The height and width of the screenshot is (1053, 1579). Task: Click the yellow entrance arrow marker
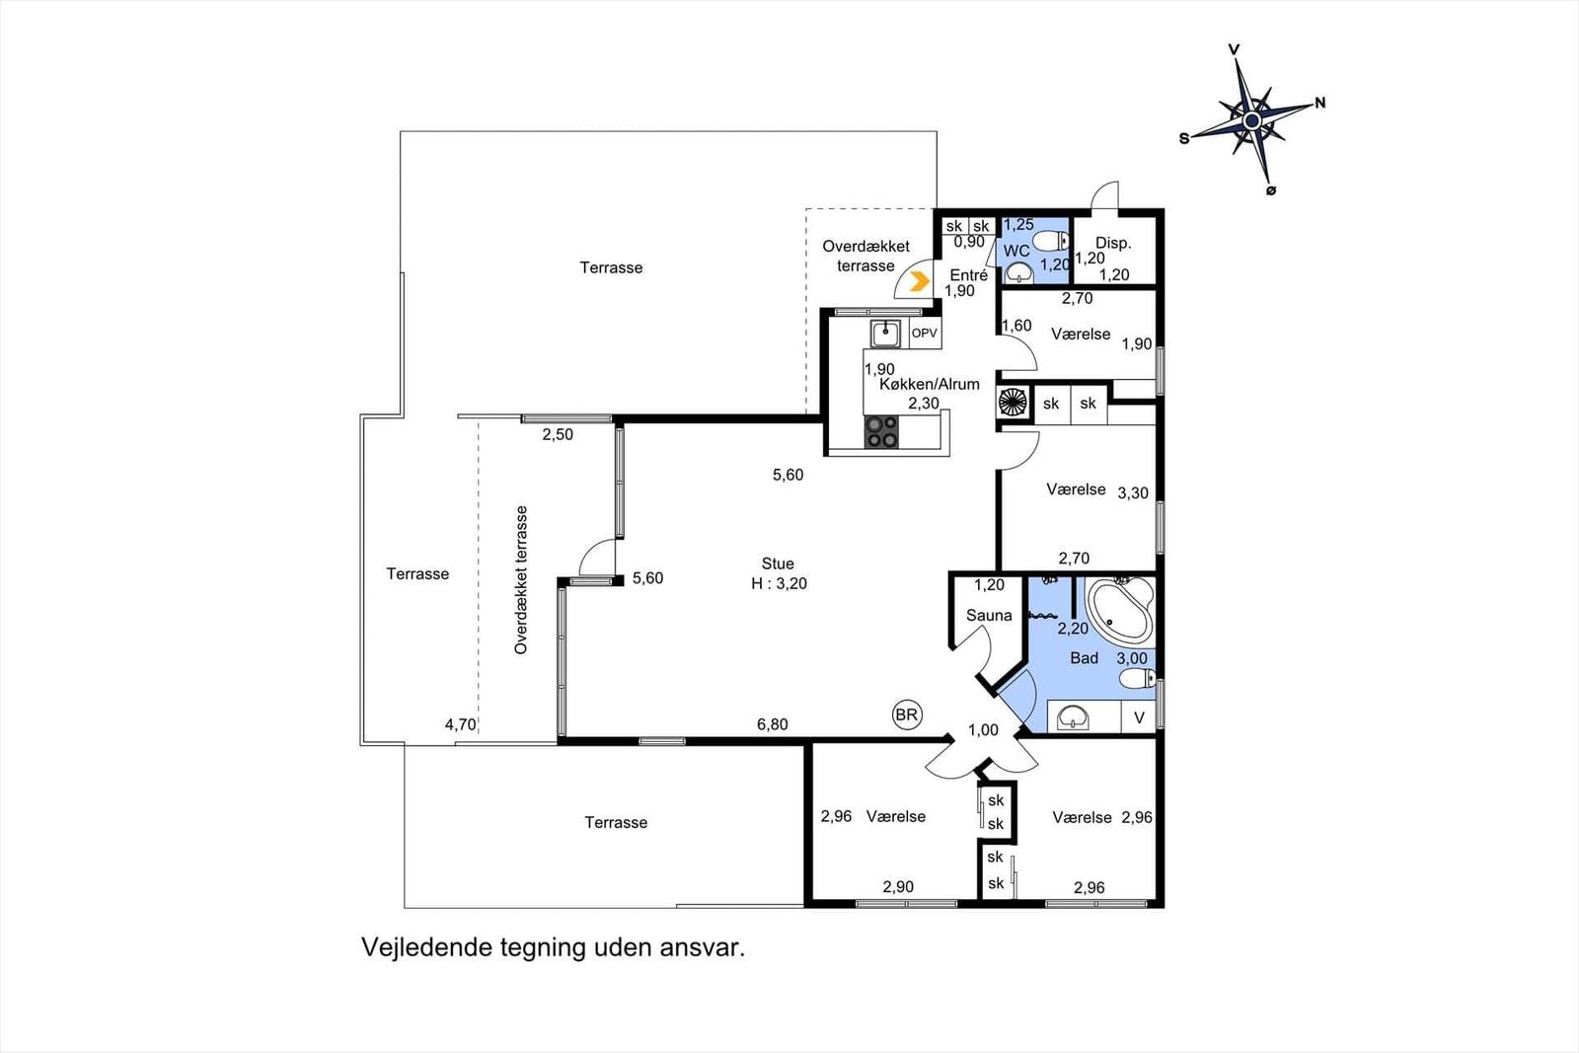click(x=919, y=282)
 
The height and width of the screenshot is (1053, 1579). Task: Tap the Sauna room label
click(x=988, y=615)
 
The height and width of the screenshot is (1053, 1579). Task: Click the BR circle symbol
click(x=907, y=715)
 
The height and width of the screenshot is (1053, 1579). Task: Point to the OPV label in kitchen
click(x=924, y=333)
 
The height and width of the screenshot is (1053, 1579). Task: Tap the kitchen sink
click(x=884, y=334)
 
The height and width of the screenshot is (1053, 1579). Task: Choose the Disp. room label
click(x=1113, y=243)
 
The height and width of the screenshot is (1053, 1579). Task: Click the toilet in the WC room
click(x=1050, y=242)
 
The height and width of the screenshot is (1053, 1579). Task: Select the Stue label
click(x=778, y=564)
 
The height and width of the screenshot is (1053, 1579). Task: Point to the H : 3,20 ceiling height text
click(x=779, y=583)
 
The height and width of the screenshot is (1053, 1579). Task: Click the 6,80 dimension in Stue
click(x=772, y=724)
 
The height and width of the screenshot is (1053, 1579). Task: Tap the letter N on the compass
click(x=1320, y=103)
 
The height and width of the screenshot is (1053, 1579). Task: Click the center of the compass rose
click(x=1252, y=121)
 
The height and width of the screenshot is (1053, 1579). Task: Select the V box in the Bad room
click(x=1139, y=717)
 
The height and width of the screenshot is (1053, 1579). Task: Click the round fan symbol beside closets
click(x=1014, y=403)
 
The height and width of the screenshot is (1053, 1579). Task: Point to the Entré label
click(x=968, y=275)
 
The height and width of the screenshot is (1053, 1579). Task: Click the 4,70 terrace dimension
click(x=460, y=724)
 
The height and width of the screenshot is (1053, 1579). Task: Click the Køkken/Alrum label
click(x=929, y=385)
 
